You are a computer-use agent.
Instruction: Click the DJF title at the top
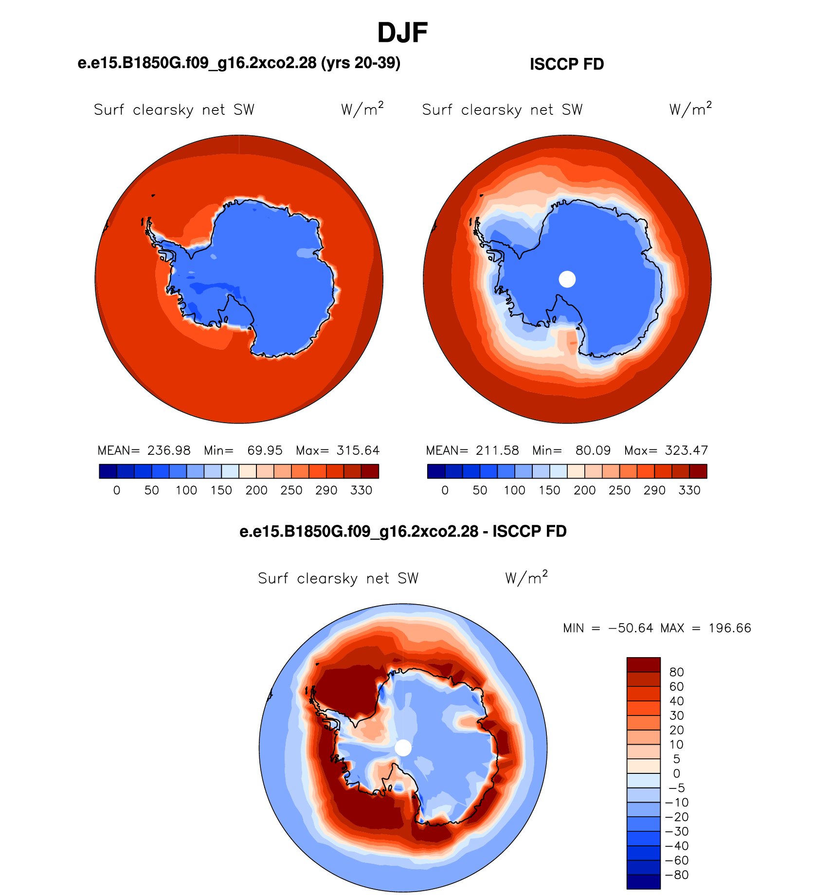[x=402, y=33]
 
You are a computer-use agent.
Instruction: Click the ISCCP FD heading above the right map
[x=567, y=64]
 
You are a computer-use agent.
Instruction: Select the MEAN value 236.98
[x=169, y=450]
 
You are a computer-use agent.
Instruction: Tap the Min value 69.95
[x=265, y=450]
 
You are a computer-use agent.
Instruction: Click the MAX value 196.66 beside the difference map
[x=730, y=628]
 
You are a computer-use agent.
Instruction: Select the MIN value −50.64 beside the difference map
[x=631, y=628]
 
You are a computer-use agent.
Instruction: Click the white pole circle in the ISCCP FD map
[x=567, y=279]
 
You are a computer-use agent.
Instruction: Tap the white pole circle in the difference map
[x=403, y=748]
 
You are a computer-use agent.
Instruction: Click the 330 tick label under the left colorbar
[x=361, y=490]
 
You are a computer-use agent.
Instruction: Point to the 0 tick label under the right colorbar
[x=445, y=490]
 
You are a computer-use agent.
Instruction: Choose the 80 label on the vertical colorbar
[x=676, y=672]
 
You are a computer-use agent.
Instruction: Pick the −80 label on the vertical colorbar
[x=677, y=875]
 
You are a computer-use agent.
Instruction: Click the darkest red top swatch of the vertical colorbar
[x=644, y=665]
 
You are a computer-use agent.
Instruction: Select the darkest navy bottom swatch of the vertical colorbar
[x=644, y=882]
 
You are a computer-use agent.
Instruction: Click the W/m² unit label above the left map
[x=362, y=109]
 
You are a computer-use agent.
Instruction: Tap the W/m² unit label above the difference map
[x=526, y=577]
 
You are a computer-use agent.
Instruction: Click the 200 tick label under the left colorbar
[x=256, y=490]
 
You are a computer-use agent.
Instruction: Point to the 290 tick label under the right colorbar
[x=654, y=490]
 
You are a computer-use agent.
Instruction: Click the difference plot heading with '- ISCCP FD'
[x=403, y=531]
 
